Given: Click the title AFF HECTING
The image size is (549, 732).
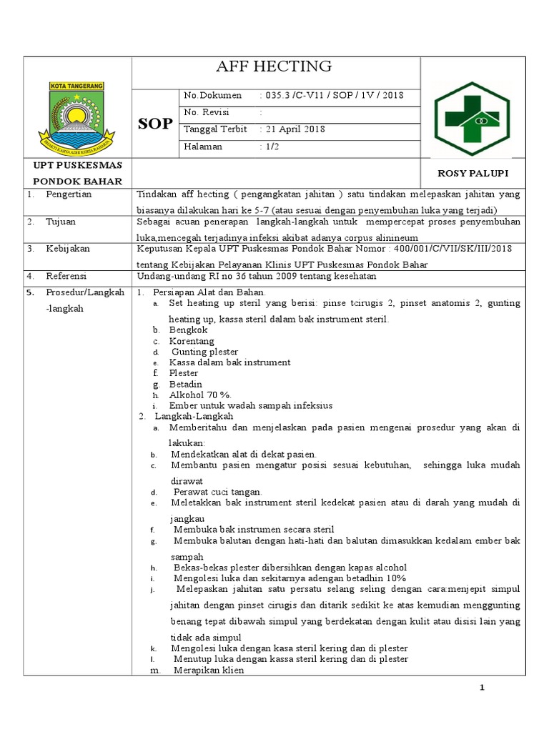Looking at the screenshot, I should [x=274, y=66].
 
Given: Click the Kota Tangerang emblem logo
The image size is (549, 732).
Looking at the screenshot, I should [x=76, y=112].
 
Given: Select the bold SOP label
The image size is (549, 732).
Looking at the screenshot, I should [x=155, y=124].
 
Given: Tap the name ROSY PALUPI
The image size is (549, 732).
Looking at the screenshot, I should [x=473, y=174].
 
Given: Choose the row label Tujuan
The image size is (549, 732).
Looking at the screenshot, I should [x=61, y=222].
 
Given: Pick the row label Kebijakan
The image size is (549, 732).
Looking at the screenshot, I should [x=66, y=249].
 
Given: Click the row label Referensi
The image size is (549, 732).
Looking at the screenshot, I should [x=66, y=276].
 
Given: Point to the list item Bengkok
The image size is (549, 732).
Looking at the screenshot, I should [x=188, y=330].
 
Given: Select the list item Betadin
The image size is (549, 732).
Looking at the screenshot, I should [x=186, y=384].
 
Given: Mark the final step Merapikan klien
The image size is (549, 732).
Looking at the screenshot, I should [x=209, y=671].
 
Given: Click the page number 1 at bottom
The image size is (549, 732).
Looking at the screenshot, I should [x=483, y=688].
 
